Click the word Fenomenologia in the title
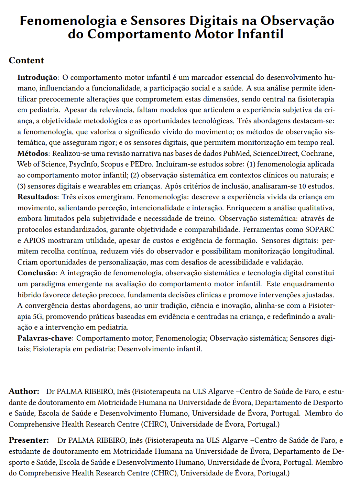(68, 21)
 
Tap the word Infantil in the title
(262, 34)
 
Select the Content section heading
(26, 61)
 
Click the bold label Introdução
(37, 77)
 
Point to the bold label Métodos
(33, 153)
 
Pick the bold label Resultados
(37, 197)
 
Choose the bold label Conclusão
(36, 273)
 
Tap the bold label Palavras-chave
(45, 338)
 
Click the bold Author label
(23, 391)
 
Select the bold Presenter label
(29, 440)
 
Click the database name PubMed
(237, 153)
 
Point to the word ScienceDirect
(275, 153)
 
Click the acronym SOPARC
(319, 229)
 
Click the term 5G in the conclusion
(37, 316)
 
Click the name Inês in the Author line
(123, 391)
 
